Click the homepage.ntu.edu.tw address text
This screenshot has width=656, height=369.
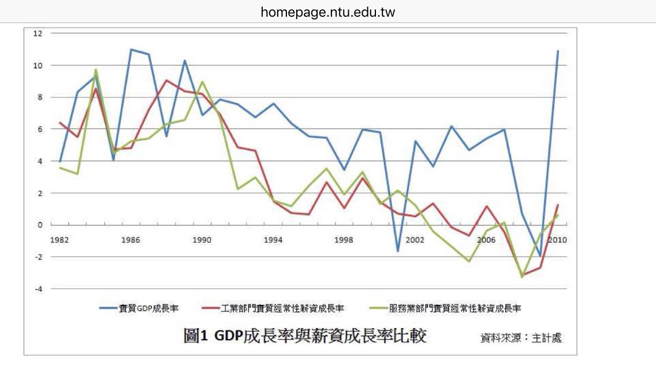[327, 12]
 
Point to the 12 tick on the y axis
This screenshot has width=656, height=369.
[39, 33]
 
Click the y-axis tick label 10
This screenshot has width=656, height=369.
[39, 65]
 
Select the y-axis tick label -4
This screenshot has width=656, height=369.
[39, 288]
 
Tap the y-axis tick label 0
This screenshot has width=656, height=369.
[40, 225]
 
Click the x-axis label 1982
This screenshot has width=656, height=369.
[60, 239]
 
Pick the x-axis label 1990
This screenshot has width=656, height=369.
[202, 239]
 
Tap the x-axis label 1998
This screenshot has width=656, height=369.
[344, 239]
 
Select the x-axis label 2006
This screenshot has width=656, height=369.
[486, 239]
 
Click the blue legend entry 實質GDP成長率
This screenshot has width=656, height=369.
[139, 308]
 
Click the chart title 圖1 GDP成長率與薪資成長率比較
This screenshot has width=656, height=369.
[305, 336]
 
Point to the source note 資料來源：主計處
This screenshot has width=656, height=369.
[521, 338]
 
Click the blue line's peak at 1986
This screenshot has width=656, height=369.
[131, 50]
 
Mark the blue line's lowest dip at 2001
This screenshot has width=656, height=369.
[397, 251]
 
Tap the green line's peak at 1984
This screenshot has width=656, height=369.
[96, 70]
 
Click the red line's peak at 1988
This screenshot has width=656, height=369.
[166, 81]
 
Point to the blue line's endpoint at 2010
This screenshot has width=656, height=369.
[557, 51]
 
